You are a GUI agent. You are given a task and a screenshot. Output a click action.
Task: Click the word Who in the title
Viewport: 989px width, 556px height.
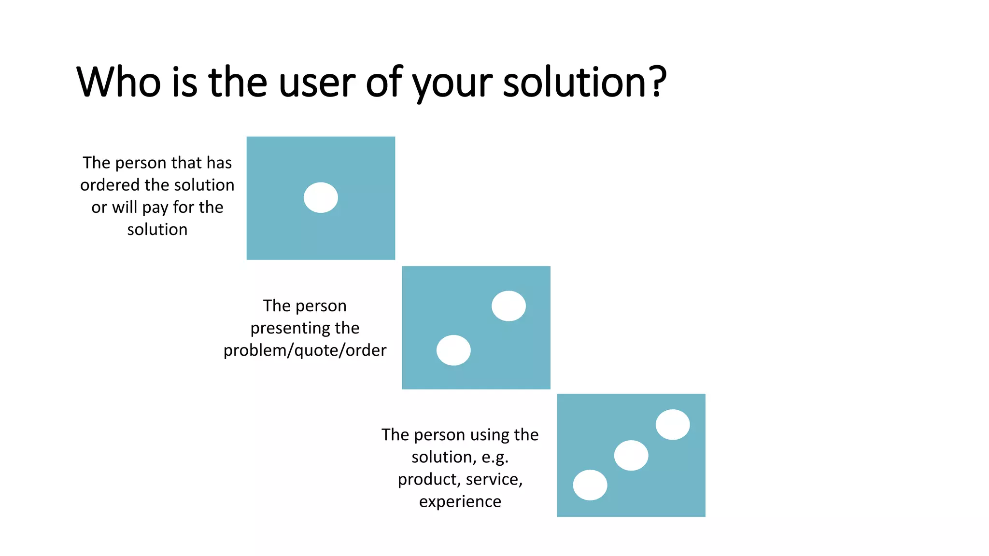pyautogui.click(x=119, y=82)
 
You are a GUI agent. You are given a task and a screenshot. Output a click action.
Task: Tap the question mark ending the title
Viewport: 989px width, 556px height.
pyautogui.click(x=657, y=82)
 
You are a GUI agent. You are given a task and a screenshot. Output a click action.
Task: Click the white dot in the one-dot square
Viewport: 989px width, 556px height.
pyautogui.click(x=321, y=197)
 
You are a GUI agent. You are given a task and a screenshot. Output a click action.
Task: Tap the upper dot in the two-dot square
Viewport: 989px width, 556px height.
pyautogui.click(x=509, y=306)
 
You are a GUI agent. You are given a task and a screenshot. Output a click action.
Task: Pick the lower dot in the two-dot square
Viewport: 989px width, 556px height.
pyautogui.click(x=453, y=350)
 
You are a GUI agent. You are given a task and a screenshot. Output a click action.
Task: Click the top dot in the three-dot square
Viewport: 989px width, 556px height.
pyautogui.click(x=673, y=425)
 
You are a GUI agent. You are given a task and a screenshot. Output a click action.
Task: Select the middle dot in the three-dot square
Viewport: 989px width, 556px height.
pyautogui.click(x=631, y=455)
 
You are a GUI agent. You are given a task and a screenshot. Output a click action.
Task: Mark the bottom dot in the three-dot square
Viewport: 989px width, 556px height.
pyautogui.click(x=590, y=485)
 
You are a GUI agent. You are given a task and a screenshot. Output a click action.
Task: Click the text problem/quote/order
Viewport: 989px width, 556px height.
pyautogui.click(x=305, y=350)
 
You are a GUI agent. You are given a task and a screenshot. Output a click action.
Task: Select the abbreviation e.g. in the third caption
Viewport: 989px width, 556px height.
pyautogui.click(x=494, y=458)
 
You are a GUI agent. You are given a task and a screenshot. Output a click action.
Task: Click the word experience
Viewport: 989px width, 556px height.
pyautogui.click(x=460, y=502)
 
